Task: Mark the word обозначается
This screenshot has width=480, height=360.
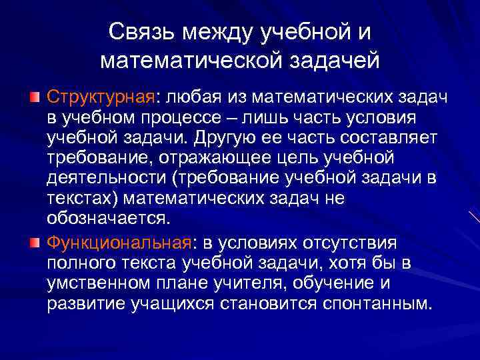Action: (109, 218)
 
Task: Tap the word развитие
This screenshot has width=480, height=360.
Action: (83, 303)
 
